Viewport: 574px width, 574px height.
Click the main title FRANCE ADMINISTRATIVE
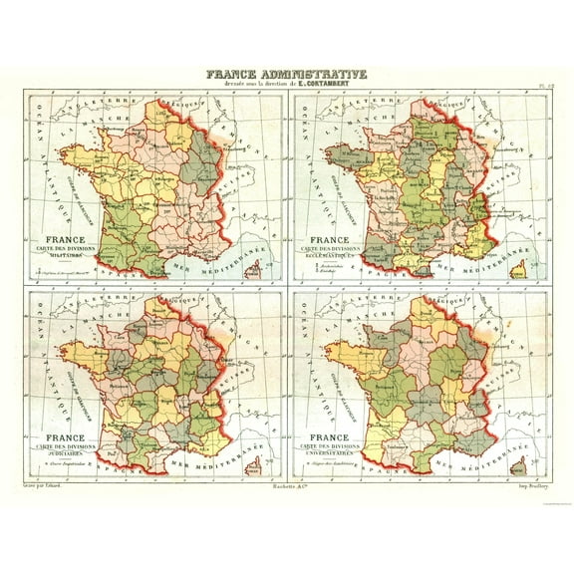click(x=286, y=74)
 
